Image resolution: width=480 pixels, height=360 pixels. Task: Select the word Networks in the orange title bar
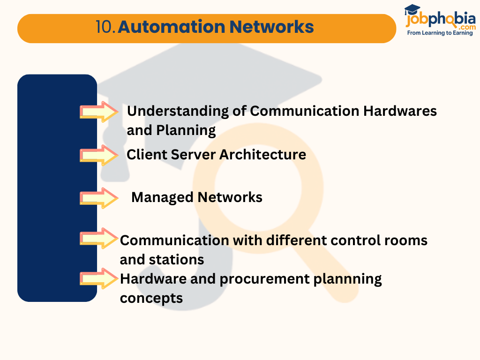pos(271,27)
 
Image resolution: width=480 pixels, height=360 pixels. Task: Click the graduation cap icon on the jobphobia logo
pos(412,10)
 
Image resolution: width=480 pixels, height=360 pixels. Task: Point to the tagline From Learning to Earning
pos(440,33)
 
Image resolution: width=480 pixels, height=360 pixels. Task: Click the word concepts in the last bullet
pos(151,298)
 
